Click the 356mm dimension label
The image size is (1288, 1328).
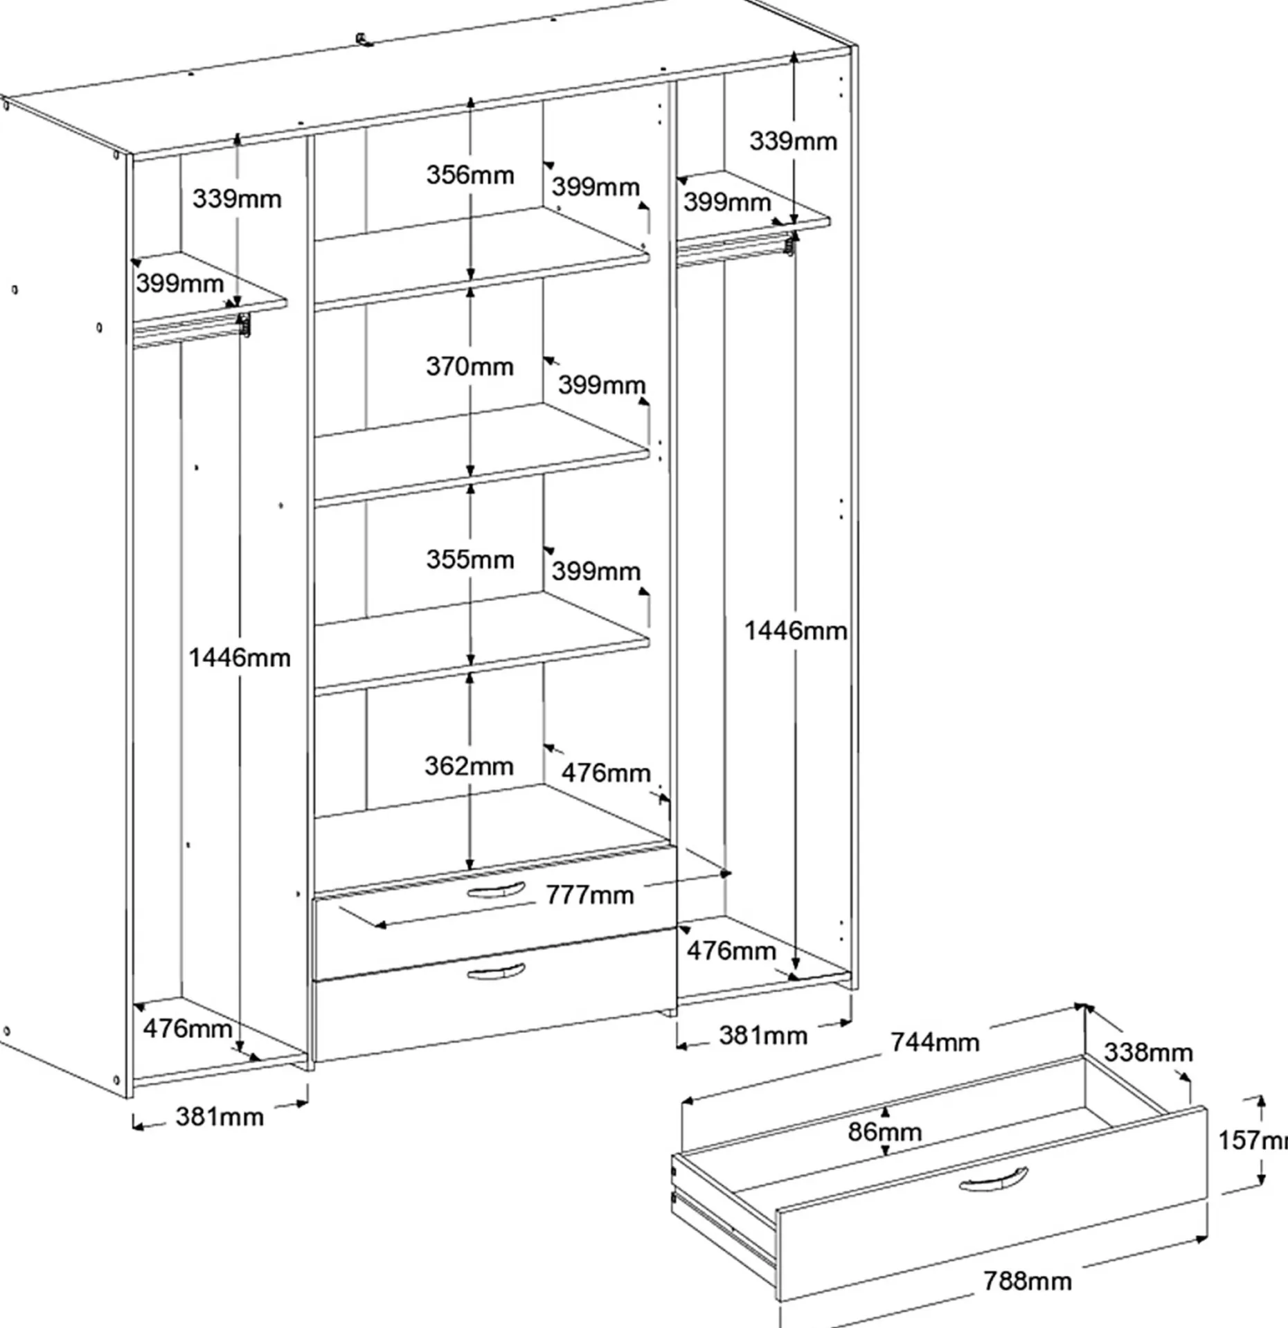(x=470, y=174)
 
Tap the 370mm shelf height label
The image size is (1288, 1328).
(x=470, y=366)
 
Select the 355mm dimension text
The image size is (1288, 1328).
(x=470, y=559)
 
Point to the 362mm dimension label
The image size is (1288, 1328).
(x=469, y=766)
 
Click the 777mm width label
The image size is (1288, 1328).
(x=590, y=895)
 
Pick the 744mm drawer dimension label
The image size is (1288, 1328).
(x=935, y=1042)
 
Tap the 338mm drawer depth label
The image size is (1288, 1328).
(x=1148, y=1052)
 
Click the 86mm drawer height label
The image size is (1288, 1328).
(x=885, y=1132)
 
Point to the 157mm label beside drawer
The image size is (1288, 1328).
(x=1253, y=1140)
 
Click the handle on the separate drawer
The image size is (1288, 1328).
(x=994, y=1181)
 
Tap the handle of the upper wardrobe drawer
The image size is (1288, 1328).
(x=497, y=890)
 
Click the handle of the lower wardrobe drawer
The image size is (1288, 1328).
(x=497, y=972)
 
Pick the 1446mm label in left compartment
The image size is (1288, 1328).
(x=240, y=658)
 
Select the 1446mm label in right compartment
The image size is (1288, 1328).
(x=796, y=631)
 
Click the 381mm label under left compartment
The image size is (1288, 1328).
(x=220, y=1117)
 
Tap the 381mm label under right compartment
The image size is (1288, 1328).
(x=763, y=1036)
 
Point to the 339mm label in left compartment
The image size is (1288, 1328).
(x=237, y=199)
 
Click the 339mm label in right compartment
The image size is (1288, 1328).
(x=794, y=141)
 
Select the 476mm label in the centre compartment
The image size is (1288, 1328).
(x=606, y=773)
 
